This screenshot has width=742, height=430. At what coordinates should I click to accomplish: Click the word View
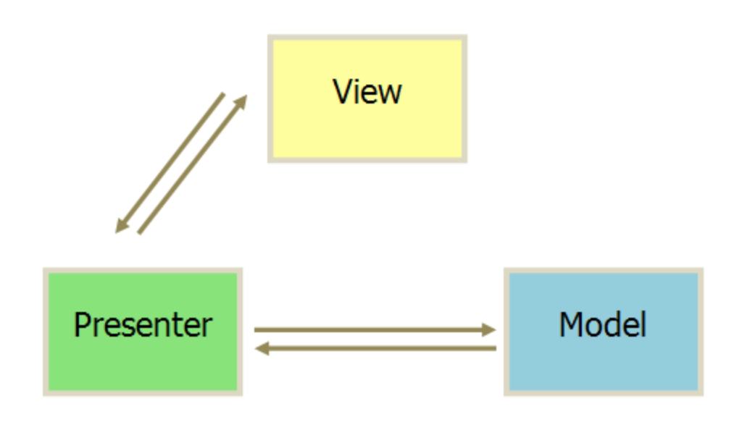pyautogui.click(x=367, y=92)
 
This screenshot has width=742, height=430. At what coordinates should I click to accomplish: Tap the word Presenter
pyautogui.click(x=143, y=325)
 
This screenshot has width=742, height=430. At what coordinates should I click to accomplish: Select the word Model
pyautogui.click(x=602, y=325)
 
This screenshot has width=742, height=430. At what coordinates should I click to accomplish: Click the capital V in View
pyautogui.click(x=341, y=92)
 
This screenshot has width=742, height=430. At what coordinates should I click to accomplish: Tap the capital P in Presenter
pyautogui.click(x=82, y=325)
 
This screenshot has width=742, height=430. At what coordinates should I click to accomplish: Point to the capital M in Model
pyautogui.click(x=570, y=325)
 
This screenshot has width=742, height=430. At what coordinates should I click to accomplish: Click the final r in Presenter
pyautogui.click(x=208, y=327)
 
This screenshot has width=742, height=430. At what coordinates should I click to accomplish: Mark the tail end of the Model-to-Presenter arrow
pyautogui.click(x=495, y=349)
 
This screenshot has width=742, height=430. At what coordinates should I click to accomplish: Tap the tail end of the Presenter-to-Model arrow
pyautogui.click(x=256, y=330)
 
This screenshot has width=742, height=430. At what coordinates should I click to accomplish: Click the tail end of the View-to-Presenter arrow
pyautogui.click(x=223, y=94)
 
